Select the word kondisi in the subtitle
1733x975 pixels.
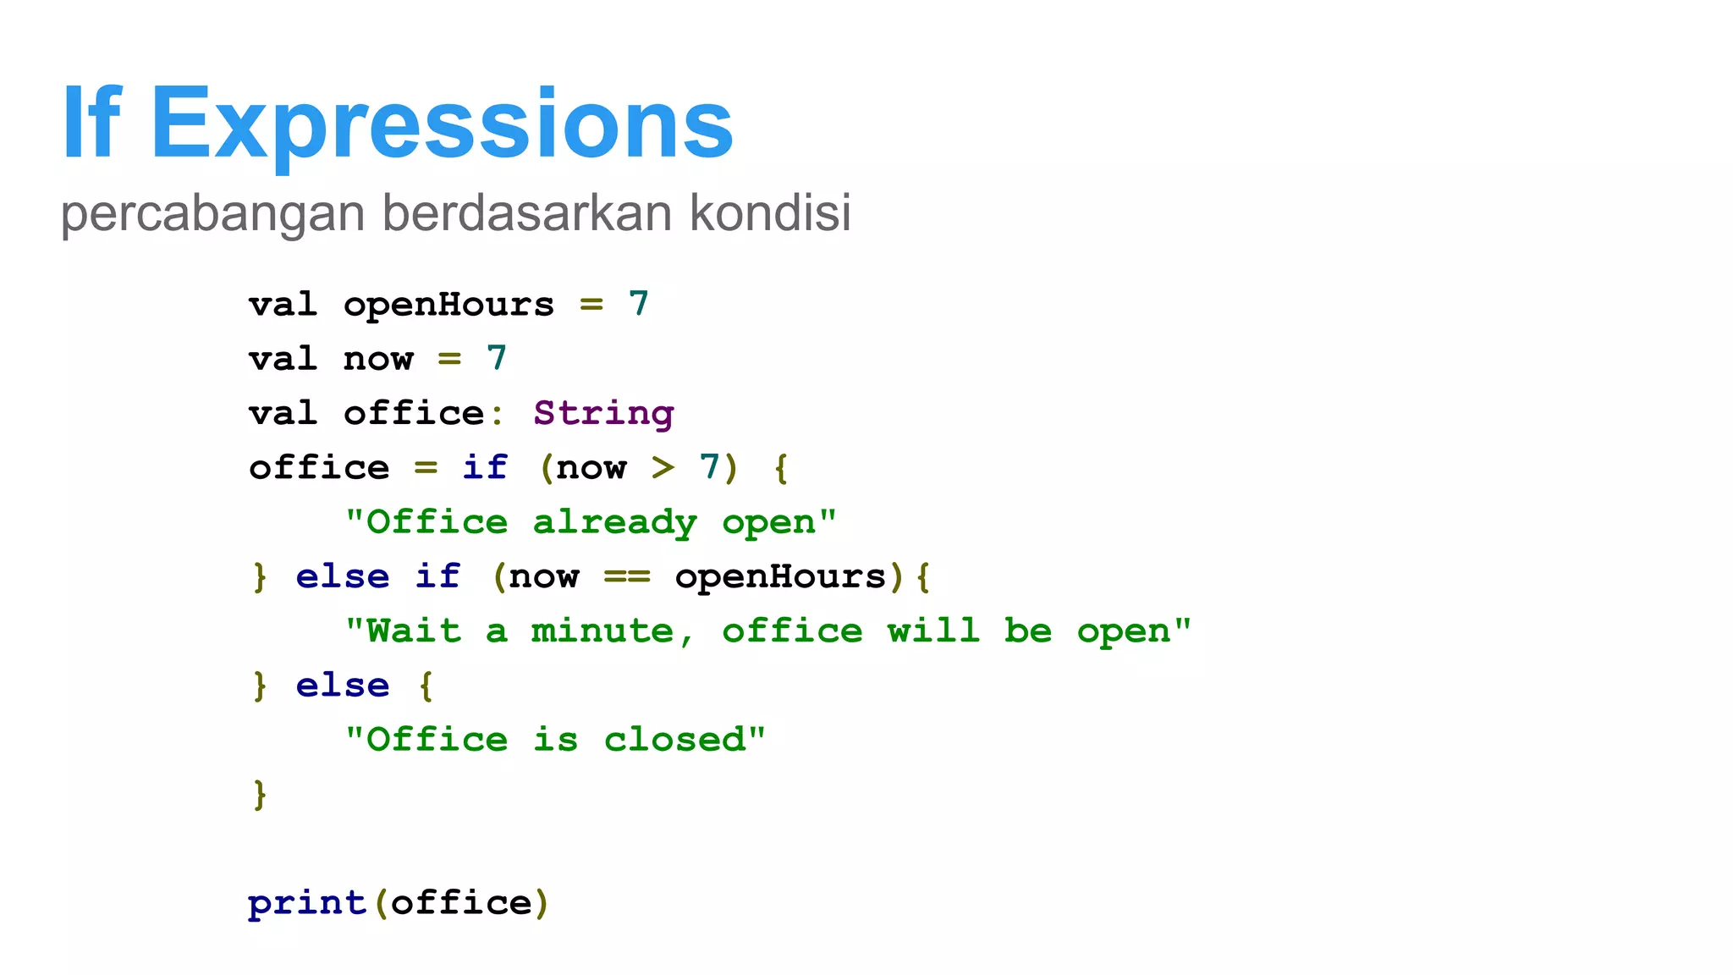click(770, 212)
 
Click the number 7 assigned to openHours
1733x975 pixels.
click(639, 304)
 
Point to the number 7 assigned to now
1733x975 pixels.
click(497, 359)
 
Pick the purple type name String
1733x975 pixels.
click(603, 413)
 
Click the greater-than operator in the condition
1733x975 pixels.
click(663, 467)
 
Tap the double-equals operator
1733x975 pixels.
click(627, 576)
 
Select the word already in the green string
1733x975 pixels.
click(615, 522)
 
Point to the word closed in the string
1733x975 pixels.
click(674, 740)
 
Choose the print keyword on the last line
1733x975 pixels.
click(307, 903)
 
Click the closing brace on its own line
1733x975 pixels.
click(260, 794)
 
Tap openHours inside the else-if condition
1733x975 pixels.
click(780, 576)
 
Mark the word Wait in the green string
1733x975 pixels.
click(414, 631)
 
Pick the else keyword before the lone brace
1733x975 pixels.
click(343, 686)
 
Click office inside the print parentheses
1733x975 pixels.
click(461, 903)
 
